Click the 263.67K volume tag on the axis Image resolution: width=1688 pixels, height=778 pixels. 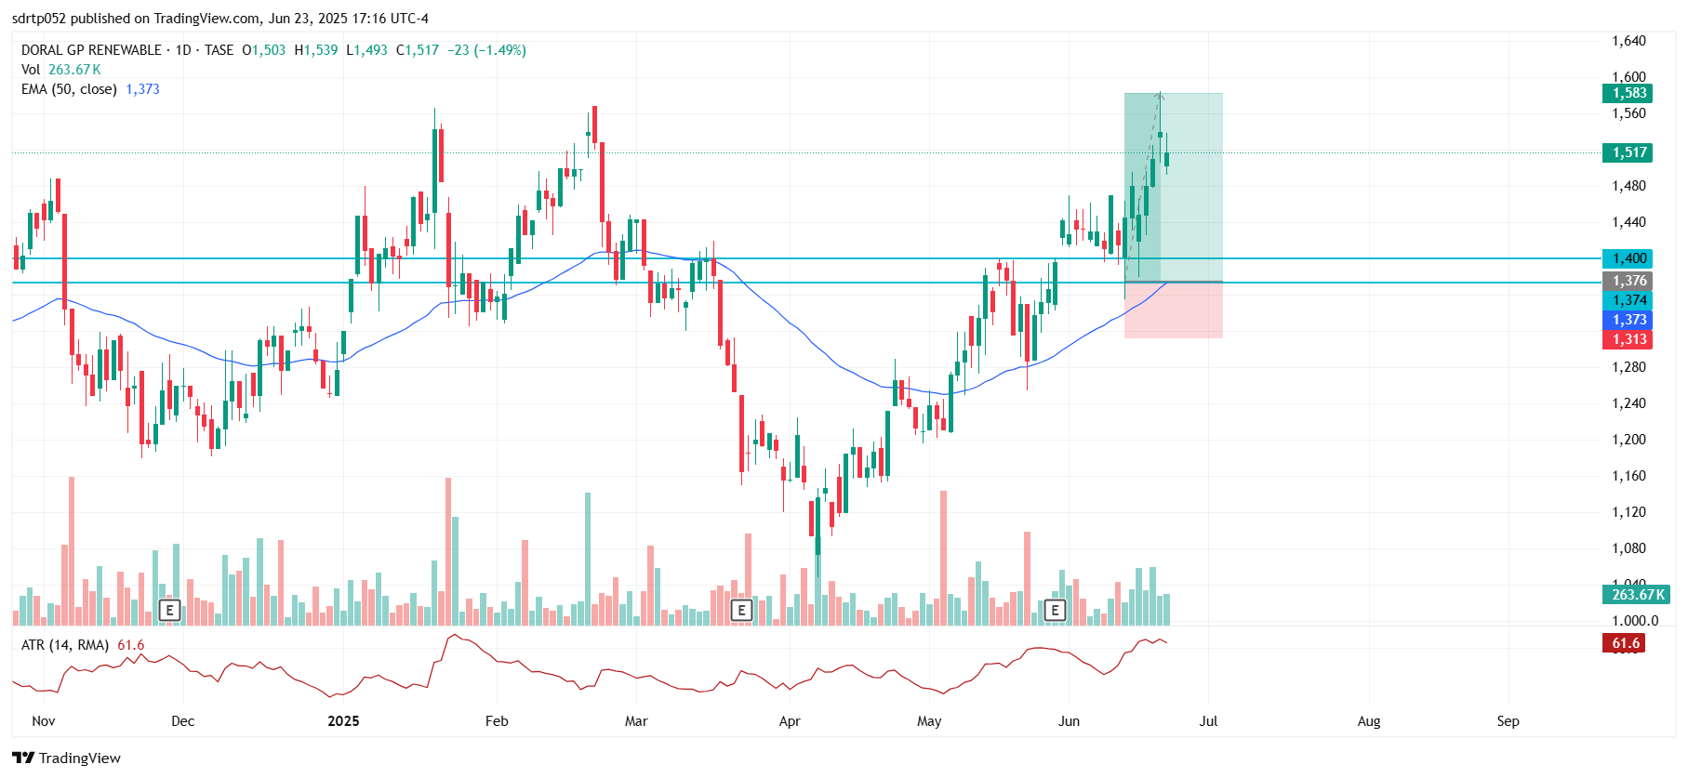[x=1636, y=594]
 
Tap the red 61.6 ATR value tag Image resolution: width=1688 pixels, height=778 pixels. [x=1624, y=643]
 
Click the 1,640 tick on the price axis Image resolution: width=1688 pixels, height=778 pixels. [x=1628, y=41]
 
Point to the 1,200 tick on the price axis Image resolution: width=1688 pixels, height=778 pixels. [x=1628, y=440]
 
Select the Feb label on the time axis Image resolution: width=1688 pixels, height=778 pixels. [x=497, y=721]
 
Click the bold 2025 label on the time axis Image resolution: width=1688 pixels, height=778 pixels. [x=343, y=721]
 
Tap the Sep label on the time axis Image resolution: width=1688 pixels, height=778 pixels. [x=1508, y=721]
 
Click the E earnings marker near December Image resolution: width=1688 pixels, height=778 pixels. [x=169, y=610]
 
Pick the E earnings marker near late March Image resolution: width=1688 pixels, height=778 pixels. [x=741, y=610]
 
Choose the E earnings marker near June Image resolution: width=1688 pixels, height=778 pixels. [x=1055, y=610]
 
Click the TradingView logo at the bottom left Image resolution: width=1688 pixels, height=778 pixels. [x=66, y=758]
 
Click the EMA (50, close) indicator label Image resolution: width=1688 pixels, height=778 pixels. [x=69, y=89]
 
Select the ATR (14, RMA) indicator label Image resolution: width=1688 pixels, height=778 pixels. [x=65, y=645]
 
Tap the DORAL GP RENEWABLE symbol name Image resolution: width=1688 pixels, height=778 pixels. [x=91, y=50]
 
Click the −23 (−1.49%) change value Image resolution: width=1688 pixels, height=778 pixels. [x=486, y=50]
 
